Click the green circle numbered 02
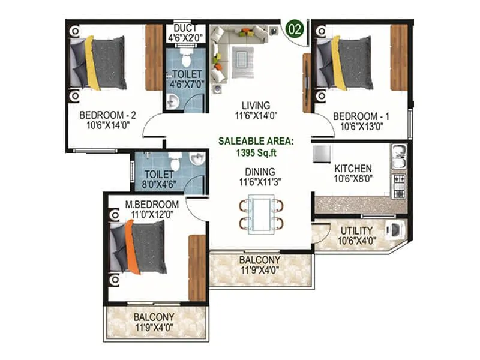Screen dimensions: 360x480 (x=294, y=28)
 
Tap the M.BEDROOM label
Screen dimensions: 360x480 (x=152, y=203)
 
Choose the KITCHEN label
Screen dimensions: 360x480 (x=353, y=169)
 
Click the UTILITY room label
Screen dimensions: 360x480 (x=356, y=230)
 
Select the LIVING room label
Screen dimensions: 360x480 (x=251, y=104)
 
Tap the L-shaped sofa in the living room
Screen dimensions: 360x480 (x=224, y=48)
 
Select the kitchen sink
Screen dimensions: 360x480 (x=399, y=157)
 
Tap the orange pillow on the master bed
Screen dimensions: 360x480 (x=132, y=247)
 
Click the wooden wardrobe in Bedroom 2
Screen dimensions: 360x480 (x=154, y=49)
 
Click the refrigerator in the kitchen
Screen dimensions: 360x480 (x=320, y=151)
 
